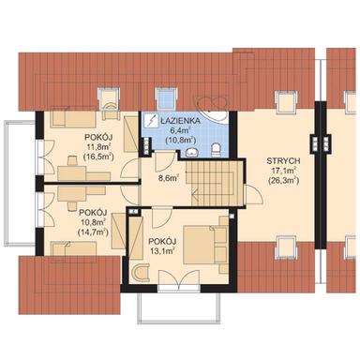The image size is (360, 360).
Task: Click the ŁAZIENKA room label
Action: click(x=180, y=120)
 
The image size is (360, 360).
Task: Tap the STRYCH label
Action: click(x=283, y=161)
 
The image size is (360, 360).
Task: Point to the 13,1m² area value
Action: click(x=162, y=250)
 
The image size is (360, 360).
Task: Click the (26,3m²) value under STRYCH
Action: click(x=283, y=181)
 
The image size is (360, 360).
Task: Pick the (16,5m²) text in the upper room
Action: click(x=98, y=157)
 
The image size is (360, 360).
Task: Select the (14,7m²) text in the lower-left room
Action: click(x=93, y=232)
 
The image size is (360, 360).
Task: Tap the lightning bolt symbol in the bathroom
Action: click(x=152, y=121)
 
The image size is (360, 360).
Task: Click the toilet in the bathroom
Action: click(x=216, y=149)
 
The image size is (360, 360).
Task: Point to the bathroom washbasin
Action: click(x=191, y=152)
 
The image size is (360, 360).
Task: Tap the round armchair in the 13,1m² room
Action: click(x=141, y=273)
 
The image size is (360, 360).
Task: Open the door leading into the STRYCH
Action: click(x=253, y=194)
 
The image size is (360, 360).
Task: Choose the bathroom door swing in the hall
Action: click(x=164, y=159)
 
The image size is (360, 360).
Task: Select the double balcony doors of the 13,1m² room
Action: click(x=179, y=278)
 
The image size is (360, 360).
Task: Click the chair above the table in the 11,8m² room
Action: click(x=72, y=161)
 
